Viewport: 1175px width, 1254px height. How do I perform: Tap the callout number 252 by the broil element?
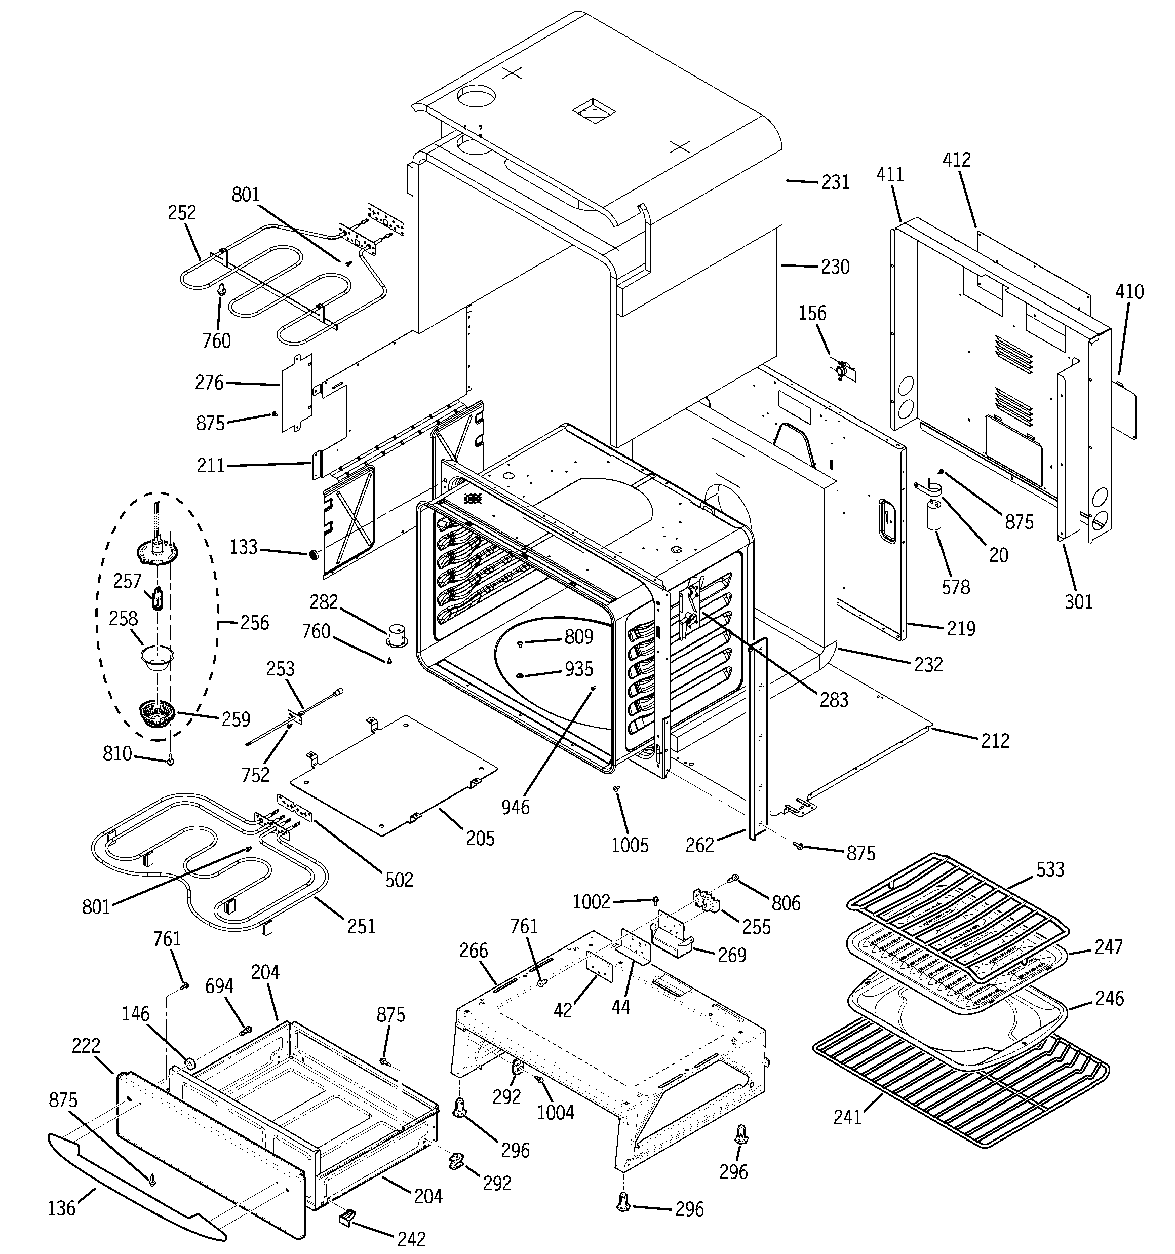(182, 213)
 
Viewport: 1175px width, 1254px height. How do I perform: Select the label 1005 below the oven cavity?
(630, 845)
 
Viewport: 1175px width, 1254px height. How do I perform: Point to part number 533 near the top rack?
(1049, 870)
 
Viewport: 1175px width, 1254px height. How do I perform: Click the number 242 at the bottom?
(411, 1239)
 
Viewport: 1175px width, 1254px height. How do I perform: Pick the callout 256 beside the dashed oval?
(254, 623)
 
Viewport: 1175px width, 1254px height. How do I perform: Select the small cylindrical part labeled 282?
(397, 634)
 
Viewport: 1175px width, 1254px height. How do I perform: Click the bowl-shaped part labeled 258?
(156, 659)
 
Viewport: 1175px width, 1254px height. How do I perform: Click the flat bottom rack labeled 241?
(959, 1091)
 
